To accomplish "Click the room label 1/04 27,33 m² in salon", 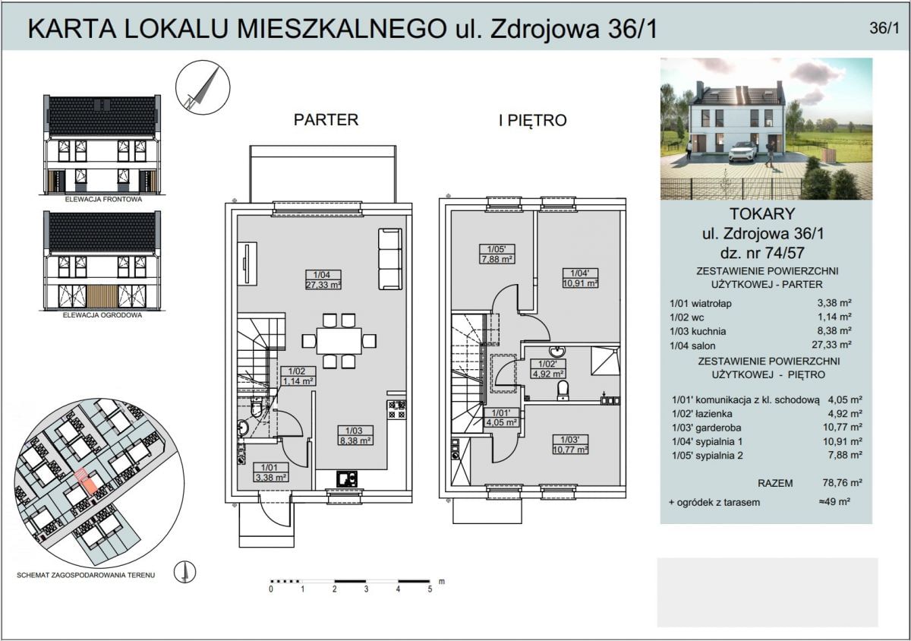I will click(323, 279).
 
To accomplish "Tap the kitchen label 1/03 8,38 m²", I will click(355, 434).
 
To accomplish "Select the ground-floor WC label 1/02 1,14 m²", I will click(298, 376).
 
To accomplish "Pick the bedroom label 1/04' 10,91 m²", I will click(580, 276).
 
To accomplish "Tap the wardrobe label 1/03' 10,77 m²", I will click(571, 444).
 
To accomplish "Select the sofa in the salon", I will click(390, 258).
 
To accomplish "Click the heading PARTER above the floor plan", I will click(326, 120).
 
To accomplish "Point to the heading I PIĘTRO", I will click(532, 120).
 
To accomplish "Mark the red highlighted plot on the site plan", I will click(85, 482).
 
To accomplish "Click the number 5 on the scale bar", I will click(430, 589).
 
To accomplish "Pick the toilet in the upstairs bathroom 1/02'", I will click(563, 390).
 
